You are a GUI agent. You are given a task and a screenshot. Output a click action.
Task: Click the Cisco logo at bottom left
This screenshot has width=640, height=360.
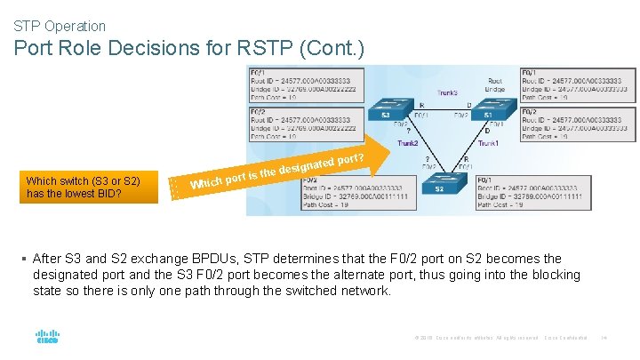click(47, 337)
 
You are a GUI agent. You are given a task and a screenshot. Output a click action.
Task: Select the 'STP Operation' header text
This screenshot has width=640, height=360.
click(60, 27)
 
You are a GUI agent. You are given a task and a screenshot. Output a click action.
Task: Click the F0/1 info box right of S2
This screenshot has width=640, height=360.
click(532, 192)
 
